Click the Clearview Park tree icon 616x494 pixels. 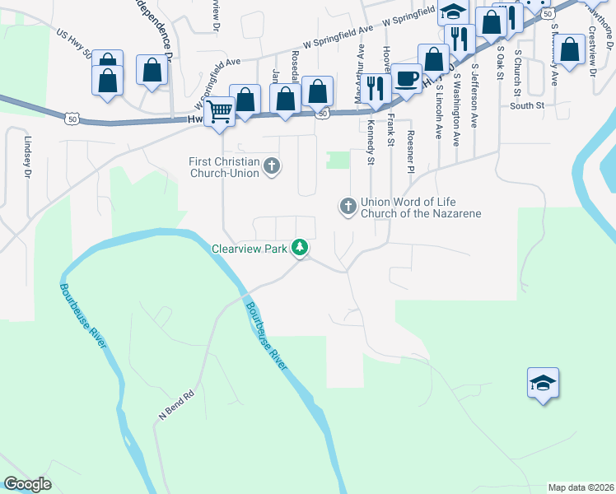(x=301, y=247)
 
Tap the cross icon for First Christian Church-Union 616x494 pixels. (x=271, y=168)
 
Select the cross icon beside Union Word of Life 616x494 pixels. (x=348, y=206)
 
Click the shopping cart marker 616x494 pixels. (x=220, y=110)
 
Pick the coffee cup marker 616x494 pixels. (x=405, y=78)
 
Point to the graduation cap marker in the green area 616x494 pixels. (x=543, y=383)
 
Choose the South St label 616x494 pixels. (x=527, y=105)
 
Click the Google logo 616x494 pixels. (x=28, y=484)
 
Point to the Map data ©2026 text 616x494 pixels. (x=581, y=487)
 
